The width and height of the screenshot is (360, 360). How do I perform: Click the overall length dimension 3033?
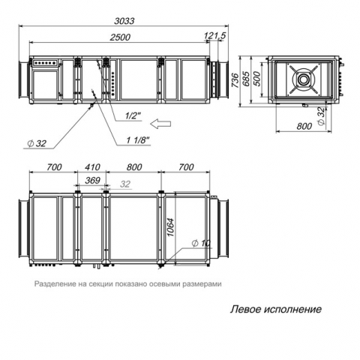tap(124, 21)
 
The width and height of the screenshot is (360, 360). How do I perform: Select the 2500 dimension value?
tap(120, 37)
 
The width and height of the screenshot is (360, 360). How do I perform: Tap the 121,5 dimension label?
tap(215, 36)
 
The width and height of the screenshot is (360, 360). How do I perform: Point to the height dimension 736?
tap(235, 80)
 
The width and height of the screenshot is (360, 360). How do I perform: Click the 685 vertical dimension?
tap(246, 79)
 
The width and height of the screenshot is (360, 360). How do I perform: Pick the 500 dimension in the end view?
tap(257, 79)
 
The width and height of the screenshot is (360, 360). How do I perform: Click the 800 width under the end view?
tap(304, 126)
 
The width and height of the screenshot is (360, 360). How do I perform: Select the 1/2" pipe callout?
tap(133, 115)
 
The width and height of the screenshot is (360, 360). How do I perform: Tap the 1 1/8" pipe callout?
tap(138, 140)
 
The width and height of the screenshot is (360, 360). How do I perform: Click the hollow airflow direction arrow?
tap(161, 124)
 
